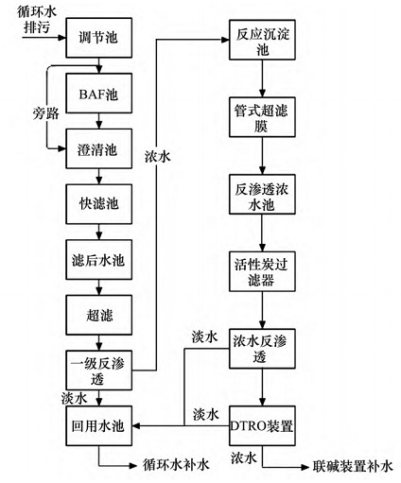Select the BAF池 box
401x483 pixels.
96,96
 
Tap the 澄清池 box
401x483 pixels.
96,149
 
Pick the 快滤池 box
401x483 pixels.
96,203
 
